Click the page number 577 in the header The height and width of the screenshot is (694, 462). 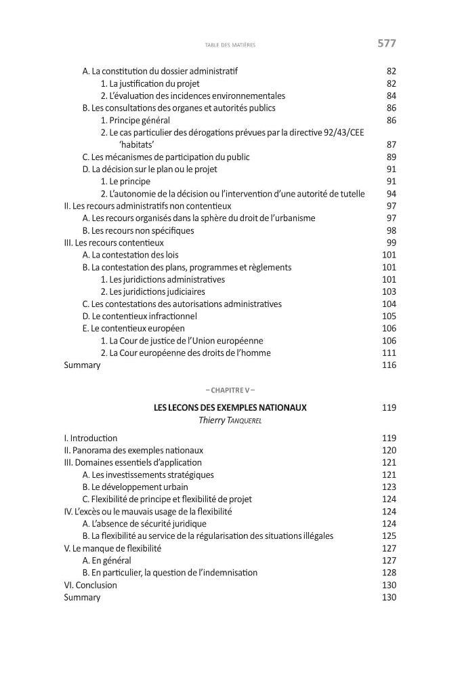pyautogui.click(x=386, y=44)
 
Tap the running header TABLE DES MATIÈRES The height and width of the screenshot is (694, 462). pyautogui.click(x=229, y=46)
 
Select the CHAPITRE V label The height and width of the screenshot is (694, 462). pyautogui.click(x=230, y=390)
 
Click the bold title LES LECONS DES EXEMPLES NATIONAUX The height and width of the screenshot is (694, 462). pyautogui.click(x=230, y=408)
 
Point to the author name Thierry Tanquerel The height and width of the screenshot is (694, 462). pyautogui.click(x=230, y=421)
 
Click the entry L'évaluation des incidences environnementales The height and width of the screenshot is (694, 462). pyautogui.click(x=193, y=96)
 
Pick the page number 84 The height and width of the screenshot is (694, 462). pyautogui.click(x=391, y=96)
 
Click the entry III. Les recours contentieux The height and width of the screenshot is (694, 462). pyautogui.click(x=114, y=243)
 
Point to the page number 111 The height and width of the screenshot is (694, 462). pyautogui.click(x=389, y=353)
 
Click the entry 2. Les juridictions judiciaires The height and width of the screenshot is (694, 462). pyautogui.click(x=153, y=291)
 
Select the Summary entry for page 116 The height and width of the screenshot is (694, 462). pyautogui.click(x=82, y=365)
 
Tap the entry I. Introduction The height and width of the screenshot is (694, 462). pyautogui.click(x=91, y=438)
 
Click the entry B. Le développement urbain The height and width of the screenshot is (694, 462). pyautogui.click(x=135, y=487)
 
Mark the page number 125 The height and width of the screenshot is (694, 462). pyautogui.click(x=389, y=536)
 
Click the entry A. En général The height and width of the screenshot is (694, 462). pyautogui.click(x=106, y=560)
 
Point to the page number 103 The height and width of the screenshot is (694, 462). pyautogui.click(x=389, y=291)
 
